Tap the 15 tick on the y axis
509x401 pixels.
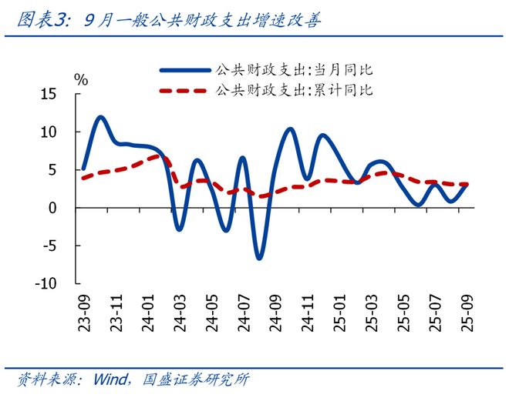pos(49,94)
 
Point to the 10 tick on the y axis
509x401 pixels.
pos(49,132)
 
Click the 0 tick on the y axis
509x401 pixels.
pos(53,208)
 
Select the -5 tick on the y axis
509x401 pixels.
pos(50,246)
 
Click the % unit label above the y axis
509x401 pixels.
pos(81,79)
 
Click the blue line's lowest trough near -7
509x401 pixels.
pos(259,259)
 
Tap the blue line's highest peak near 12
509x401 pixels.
pos(101,117)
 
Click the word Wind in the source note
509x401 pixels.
pos(112,380)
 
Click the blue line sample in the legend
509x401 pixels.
pos(184,69)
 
